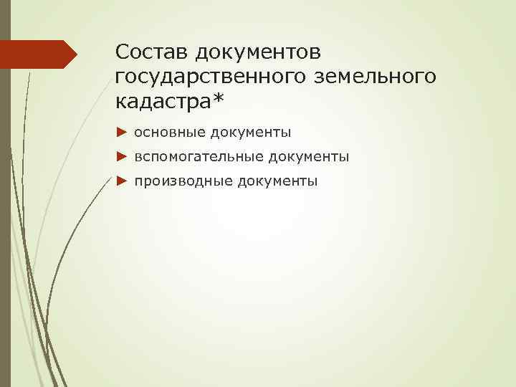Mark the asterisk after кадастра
point(216,99)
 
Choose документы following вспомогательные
point(307,156)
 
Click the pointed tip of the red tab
point(77,54)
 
